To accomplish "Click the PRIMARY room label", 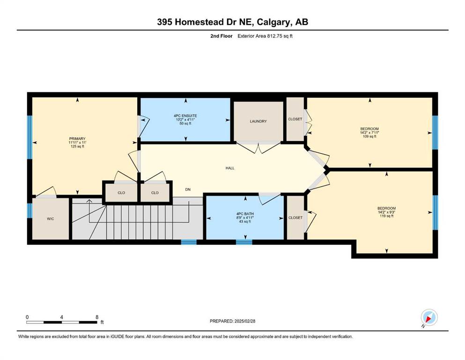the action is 77,139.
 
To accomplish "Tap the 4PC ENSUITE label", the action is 185,116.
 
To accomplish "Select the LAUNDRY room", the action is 258,121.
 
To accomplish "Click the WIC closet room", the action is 51,219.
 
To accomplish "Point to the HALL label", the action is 230,168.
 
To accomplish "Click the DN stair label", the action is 188,189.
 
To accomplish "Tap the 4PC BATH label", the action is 245,214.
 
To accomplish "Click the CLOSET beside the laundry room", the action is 295,119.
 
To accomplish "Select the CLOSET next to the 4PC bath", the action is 295,217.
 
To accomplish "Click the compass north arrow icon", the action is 429,318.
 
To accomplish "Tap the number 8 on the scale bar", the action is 97,317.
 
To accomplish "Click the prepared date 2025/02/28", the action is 244,321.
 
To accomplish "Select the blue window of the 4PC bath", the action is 244,242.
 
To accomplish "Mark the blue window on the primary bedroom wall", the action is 30,137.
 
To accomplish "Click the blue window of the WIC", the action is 30,210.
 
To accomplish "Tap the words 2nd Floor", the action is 221,36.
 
